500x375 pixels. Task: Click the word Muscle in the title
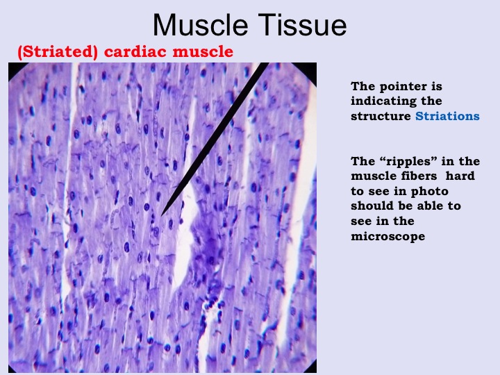[x=200, y=25]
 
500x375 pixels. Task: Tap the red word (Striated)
[x=58, y=52]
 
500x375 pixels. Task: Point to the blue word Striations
[x=447, y=116]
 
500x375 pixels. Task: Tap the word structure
[x=381, y=116]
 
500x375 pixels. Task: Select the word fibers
[x=421, y=176]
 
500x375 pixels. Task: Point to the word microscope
[x=388, y=237]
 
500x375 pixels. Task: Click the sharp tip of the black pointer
[x=162, y=215]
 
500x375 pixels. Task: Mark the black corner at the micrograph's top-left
[x=12, y=67]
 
